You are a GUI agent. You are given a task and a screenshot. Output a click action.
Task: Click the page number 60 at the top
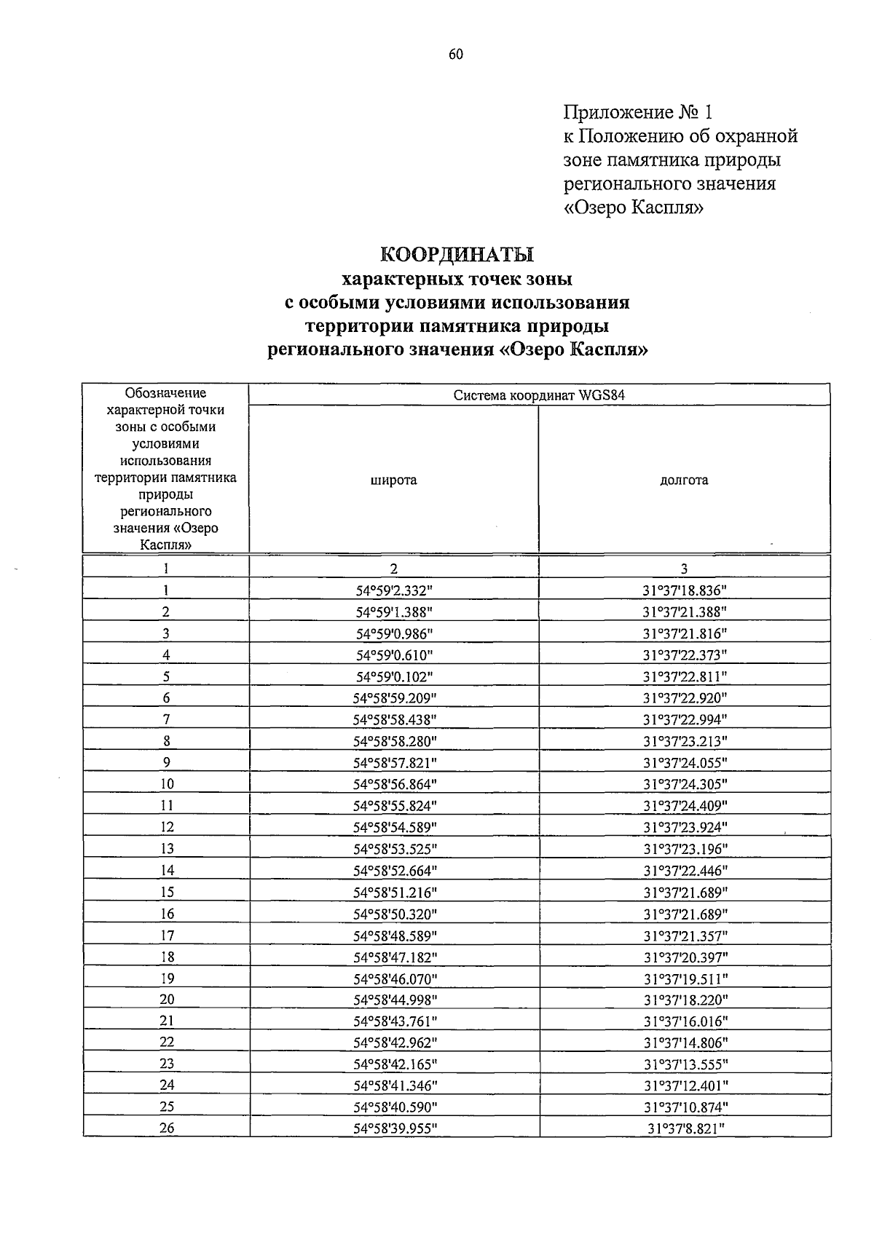(456, 55)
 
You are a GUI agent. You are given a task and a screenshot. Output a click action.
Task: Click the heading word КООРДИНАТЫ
(457, 255)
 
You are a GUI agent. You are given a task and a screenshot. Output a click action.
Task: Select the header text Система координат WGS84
(539, 395)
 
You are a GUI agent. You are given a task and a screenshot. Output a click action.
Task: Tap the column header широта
(393, 480)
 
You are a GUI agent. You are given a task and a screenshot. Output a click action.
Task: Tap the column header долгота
(684, 480)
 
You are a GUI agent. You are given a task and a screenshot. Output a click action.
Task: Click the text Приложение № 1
(637, 112)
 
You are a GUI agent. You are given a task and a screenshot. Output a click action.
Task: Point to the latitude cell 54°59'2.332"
(394, 590)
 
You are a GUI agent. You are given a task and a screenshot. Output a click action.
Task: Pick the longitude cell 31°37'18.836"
(685, 590)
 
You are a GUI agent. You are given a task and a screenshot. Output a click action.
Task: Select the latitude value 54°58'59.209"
(394, 698)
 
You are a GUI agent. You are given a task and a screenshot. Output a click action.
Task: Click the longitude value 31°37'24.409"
(685, 806)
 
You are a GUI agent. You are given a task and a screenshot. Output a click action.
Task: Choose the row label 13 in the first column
(167, 849)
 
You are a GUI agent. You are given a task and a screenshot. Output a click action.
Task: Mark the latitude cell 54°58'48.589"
(394, 936)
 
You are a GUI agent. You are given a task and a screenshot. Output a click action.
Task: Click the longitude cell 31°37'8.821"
(685, 1128)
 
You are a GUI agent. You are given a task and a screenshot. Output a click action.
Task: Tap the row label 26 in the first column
(167, 1128)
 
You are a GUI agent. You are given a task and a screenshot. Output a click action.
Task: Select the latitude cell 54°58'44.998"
(394, 1000)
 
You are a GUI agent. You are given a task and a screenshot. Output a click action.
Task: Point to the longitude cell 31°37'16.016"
(685, 1021)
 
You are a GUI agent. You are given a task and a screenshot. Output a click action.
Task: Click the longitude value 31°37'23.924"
(685, 827)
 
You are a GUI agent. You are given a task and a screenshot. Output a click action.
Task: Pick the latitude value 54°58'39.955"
(394, 1128)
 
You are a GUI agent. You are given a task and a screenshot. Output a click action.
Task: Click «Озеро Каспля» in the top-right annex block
(634, 208)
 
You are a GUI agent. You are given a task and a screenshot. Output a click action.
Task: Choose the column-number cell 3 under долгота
(684, 569)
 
